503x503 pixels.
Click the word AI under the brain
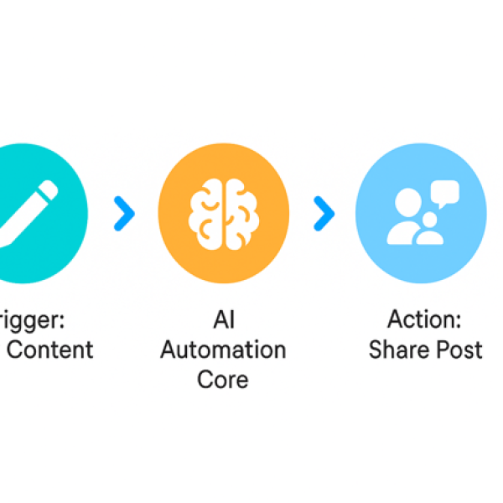(223, 320)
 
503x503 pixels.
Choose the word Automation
(223, 350)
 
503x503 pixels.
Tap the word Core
(223, 379)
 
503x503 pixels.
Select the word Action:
(425, 320)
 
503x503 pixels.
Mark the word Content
(52, 350)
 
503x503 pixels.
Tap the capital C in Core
(205, 379)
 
